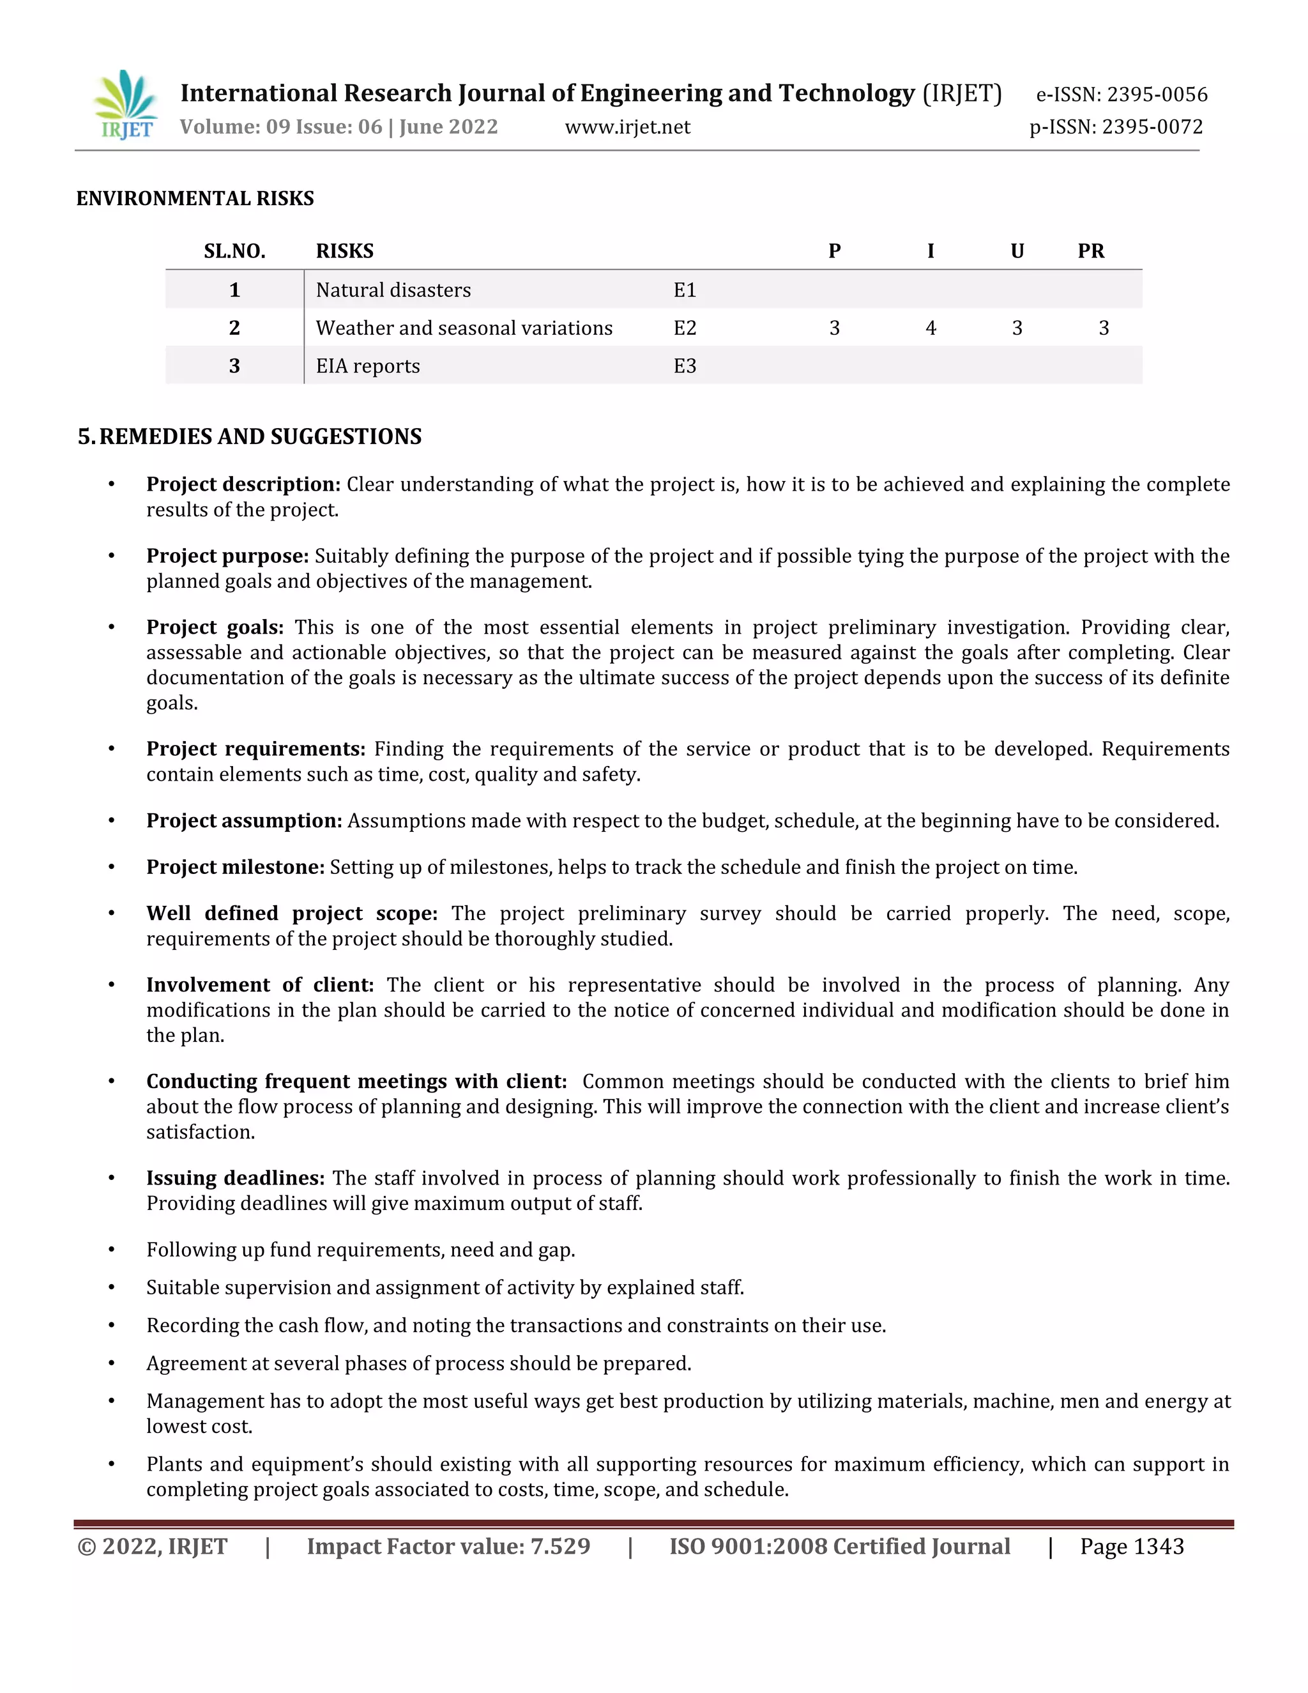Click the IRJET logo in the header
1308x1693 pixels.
coord(126,105)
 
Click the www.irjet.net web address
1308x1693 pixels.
coord(627,127)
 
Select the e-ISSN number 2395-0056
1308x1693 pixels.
coord(1156,95)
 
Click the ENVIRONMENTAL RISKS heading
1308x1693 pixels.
coord(195,199)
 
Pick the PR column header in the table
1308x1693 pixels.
coord(1090,251)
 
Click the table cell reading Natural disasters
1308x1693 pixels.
coord(393,290)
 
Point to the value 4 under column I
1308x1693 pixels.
coord(930,328)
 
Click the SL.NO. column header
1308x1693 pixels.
coord(234,251)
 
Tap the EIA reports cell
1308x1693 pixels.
coord(367,366)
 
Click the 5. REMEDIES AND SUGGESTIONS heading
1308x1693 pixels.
coord(250,436)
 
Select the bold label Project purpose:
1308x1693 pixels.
coord(227,556)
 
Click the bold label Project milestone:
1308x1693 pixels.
coord(235,867)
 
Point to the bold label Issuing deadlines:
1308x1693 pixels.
coord(235,1177)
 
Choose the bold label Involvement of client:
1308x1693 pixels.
coord(259,984)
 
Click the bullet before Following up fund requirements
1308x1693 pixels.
coord(112,1250)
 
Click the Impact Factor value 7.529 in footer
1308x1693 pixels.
coord(448,1547)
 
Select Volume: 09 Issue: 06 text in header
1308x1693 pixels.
coord(280,127)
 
